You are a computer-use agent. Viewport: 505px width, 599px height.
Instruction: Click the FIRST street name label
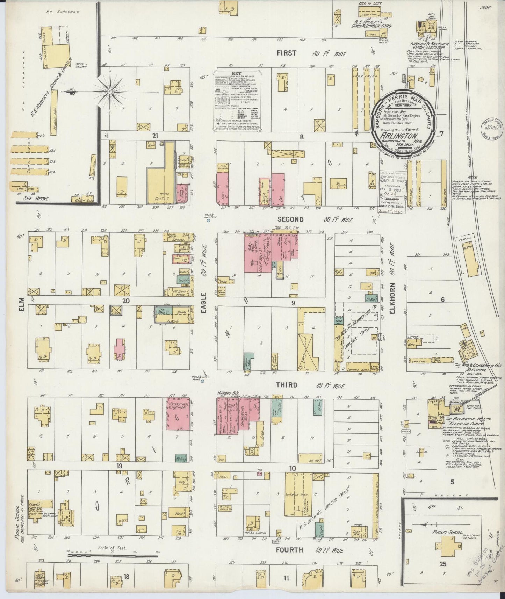(287, 53)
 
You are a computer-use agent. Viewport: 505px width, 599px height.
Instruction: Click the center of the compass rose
(110, 92)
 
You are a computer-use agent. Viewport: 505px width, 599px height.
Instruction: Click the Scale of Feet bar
(112, 555)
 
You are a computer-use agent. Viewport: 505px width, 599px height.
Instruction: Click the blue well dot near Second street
(208, 221)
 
